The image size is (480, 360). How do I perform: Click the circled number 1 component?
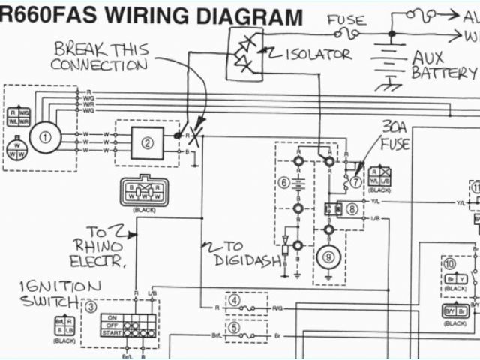click(x=46, y=137)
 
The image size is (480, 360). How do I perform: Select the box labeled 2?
click(x=148, y=141)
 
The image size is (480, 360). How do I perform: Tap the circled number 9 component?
click(x=328, y=256)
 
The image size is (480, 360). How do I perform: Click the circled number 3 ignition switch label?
click(x=91, y=306)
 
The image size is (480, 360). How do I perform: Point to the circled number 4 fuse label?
click(x=235, y=301)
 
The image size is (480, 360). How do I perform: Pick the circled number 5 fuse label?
click(x=235, y=327)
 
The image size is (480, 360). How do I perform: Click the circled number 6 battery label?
click(x=283, y=182)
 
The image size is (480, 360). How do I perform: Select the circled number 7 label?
click(x=356, y=178)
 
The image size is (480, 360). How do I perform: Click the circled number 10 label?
click(x=448, y=264)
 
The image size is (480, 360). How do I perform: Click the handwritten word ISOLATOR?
click(x=317, y=54)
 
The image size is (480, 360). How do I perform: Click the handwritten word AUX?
click(x=428, y=56)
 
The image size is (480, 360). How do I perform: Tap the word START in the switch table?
click(x=112, y=331)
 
